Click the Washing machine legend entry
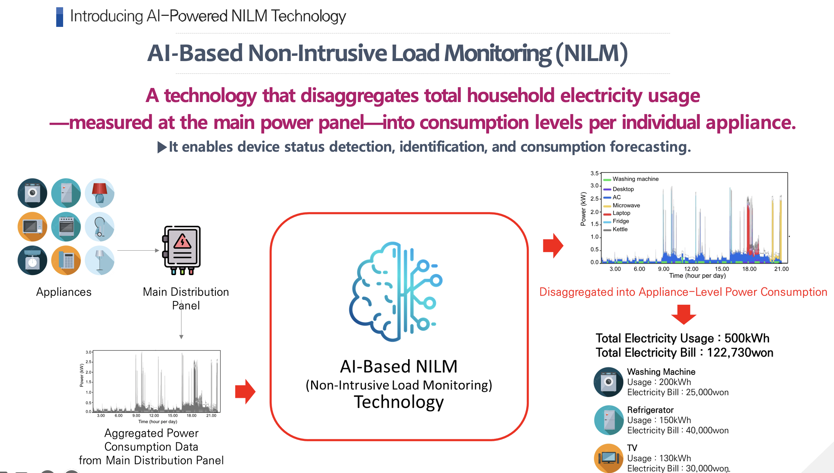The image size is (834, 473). click(631, 179)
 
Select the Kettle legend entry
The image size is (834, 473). click(615, 229)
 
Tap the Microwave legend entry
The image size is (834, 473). click(622, 205)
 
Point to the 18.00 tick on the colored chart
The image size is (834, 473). click(749, 269)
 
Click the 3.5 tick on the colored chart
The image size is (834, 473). click(594, 173)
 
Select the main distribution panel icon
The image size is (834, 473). click(181, 250)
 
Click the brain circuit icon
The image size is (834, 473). click(396, 292)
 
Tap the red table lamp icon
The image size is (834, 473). click(100, 193)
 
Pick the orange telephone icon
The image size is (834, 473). click(66, 260)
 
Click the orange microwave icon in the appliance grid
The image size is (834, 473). click(32, 227)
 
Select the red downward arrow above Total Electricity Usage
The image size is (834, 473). click(684, 314)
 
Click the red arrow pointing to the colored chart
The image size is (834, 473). click(553, 245)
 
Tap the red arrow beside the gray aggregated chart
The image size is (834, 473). click(245, 392)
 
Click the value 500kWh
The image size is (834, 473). click(747, 338)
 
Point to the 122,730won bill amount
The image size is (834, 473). click(740, 353)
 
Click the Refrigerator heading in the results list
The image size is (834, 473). click(650, 410)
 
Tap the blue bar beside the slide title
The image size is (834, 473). click(60, 17)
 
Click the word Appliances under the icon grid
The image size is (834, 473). click(64, 292)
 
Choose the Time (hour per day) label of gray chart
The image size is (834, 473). click(158, 422)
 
